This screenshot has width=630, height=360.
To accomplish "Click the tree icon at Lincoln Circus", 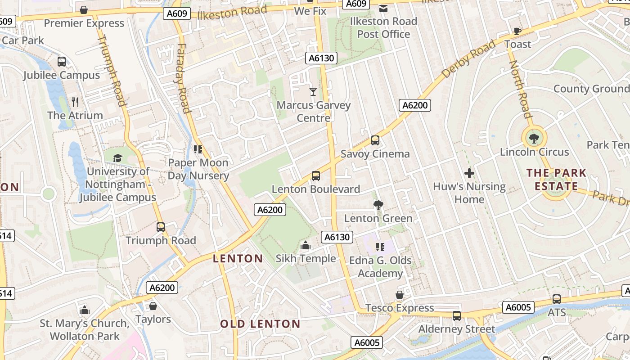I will pyautogui.click(x=534, y=138).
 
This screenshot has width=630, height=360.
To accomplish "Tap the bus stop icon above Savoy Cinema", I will pyautogui.click(x=375, y=140).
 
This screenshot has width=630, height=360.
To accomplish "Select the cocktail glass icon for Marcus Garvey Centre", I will pyautogui.click(x=313, y=92).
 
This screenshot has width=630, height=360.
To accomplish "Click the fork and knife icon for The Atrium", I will pyautogui.click(x=75, y=102).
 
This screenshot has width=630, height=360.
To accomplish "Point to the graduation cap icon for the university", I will pyautogui.click(x=117, y=158).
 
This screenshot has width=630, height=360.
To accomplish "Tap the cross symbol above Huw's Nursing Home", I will pyautogui.click(x=469, y=173).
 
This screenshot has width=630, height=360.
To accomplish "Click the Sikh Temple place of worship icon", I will pyautogui.click(x=306, y=245).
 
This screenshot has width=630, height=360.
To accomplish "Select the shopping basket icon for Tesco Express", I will pyautogui.click(x=399, y=295).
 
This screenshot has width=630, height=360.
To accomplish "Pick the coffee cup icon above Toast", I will pyautogui.click(x=517, y=31).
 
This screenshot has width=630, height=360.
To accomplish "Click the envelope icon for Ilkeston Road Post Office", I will pyautogui.click(x=383, y=8).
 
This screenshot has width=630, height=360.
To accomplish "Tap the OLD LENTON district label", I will pyautogui.click(x=260, y=324).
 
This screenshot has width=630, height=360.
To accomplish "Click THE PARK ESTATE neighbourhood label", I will pyautogui.click(x=556, y=180).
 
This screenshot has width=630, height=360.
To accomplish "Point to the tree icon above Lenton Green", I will pyautogui.click(x=378, y=205).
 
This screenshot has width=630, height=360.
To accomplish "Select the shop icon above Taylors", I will pyautogui.click(x=153, y=306).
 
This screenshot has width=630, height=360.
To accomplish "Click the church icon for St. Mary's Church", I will pyautogui.click(x=84, y=310).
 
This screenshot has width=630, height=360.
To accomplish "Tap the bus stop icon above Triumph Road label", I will pyautogui.click(x=161, y=227).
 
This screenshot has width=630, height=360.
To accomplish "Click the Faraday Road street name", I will pyautogui.click(x=182, y=78).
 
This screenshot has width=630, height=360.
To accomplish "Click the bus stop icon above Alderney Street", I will pyautogui.click(x=457, y=316).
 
